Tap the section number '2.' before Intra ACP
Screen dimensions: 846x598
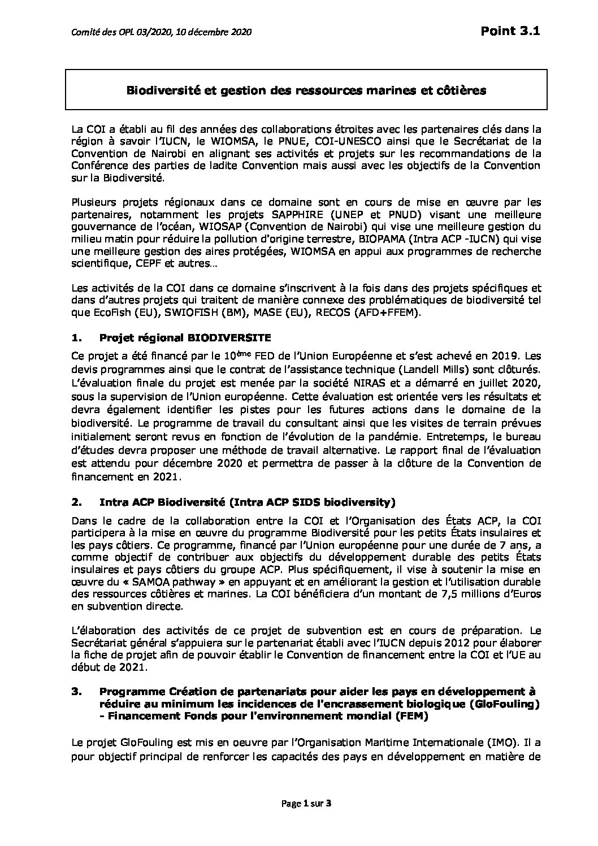(77, 501)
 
